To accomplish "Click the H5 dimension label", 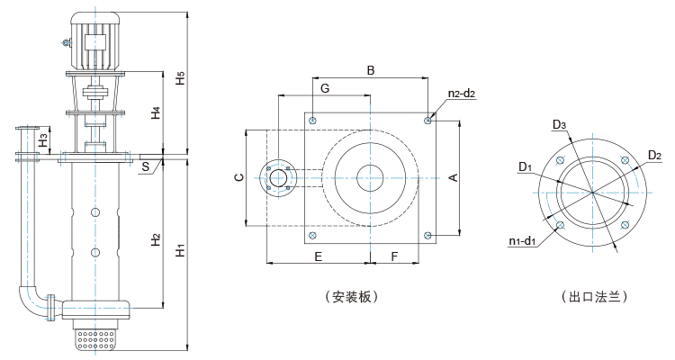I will [181, 78].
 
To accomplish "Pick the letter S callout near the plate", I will [145, 166].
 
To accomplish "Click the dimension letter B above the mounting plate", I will [369, 69].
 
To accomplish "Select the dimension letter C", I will [238, 178].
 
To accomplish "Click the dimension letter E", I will [318, 256].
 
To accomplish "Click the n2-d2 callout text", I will [462, 94].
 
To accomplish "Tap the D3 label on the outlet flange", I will [559, 124].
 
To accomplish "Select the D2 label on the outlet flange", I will [654, 156].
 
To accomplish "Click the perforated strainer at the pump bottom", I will [96, 339].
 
